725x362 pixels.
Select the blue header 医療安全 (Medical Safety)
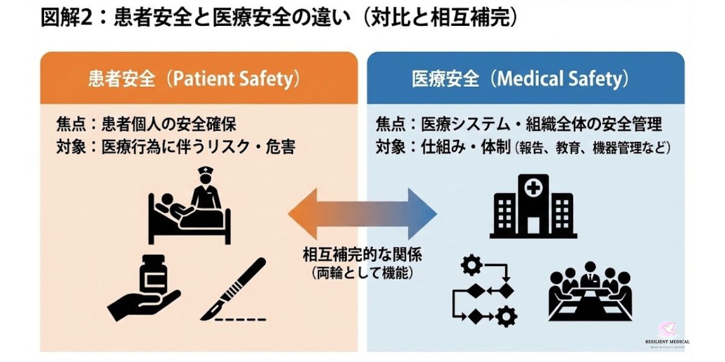[525, 79]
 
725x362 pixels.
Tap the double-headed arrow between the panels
[362, 213]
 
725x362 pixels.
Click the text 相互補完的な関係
[362, 255]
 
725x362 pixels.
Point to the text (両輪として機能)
[362, 273]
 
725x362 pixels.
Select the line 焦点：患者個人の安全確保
[146, 124]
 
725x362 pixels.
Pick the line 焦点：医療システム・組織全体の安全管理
[519, 124]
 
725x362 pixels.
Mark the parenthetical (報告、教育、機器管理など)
[593, 147]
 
